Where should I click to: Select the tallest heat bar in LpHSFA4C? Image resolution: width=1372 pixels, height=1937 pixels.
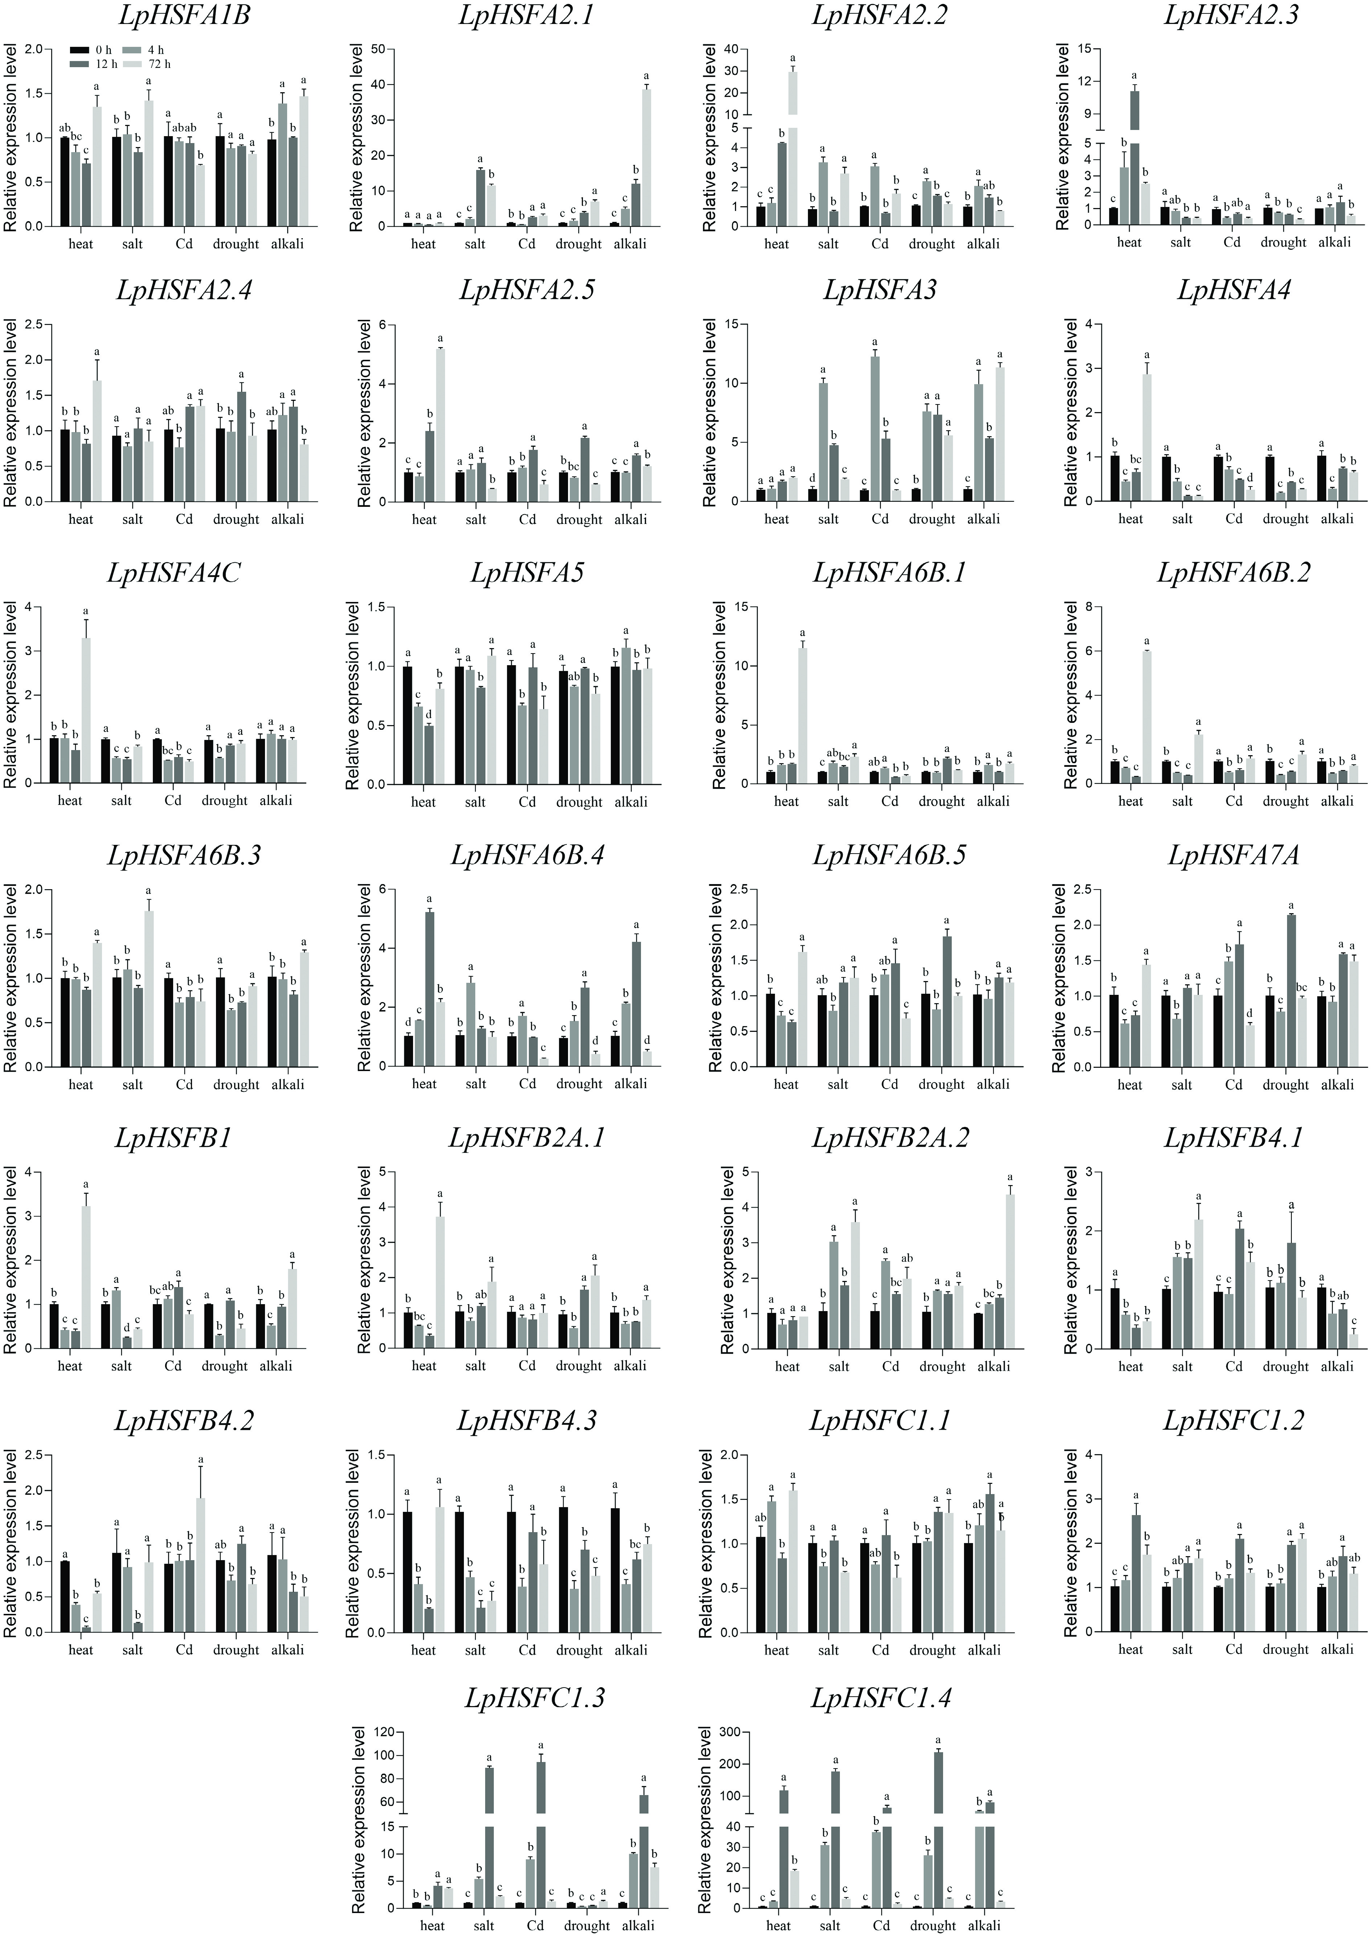(x=85, y=710)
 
